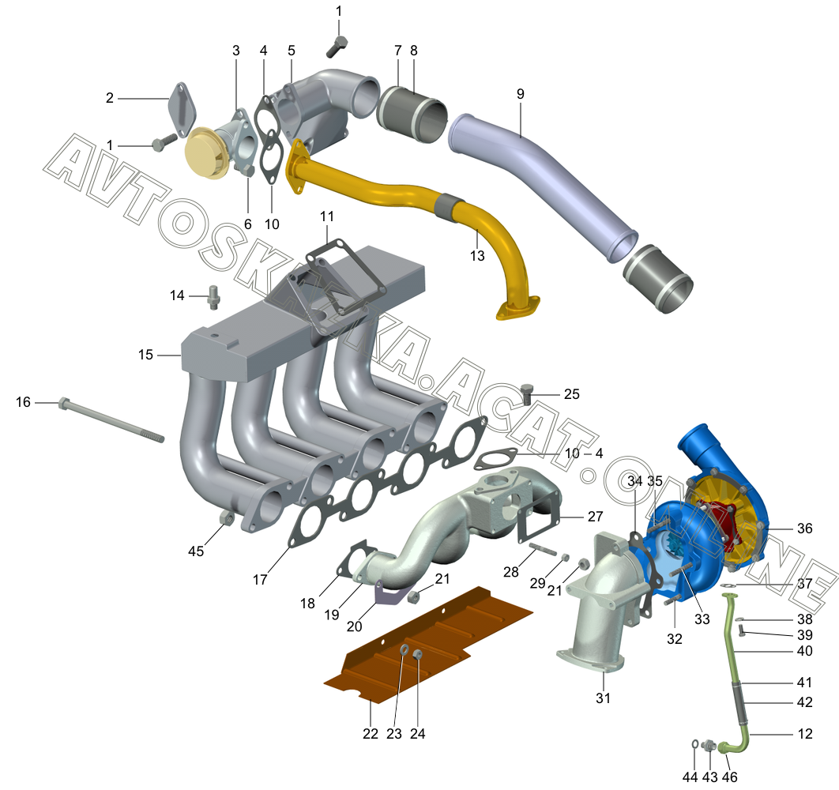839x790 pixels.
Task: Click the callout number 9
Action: pyautogui.click(x=520, y=94)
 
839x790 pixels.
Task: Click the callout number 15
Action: pyautogui.click(x=145, y=355)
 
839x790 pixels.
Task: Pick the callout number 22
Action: pyautogui.click(x=371, y=734)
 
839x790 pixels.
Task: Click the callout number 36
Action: pyautogui.click(x=805, y=529)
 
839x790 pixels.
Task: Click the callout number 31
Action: pyautogui.click(x=603, y=698)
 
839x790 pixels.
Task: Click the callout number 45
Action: pyautogui.click(x=196, y=551)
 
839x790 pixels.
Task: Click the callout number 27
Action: pyautogui.click(x=595, y=517)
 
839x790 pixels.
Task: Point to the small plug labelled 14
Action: pyautogui.click(x=214, y=297)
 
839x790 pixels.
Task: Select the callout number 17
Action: pyautogui.click(x=260, y=580)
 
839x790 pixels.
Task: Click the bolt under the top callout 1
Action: pyautogui.click(x=337, y=47)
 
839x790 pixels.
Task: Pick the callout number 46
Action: pyautogui.click(x=729, y=777)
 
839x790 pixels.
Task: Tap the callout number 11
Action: pyautogui.click(x=327, y=216)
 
